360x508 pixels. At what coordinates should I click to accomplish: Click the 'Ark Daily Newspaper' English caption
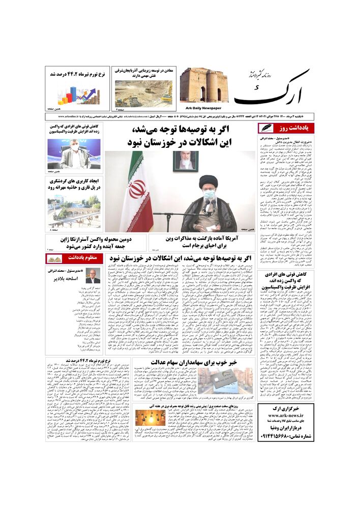point(201,108)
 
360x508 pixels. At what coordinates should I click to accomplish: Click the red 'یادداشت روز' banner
point(286,128)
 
